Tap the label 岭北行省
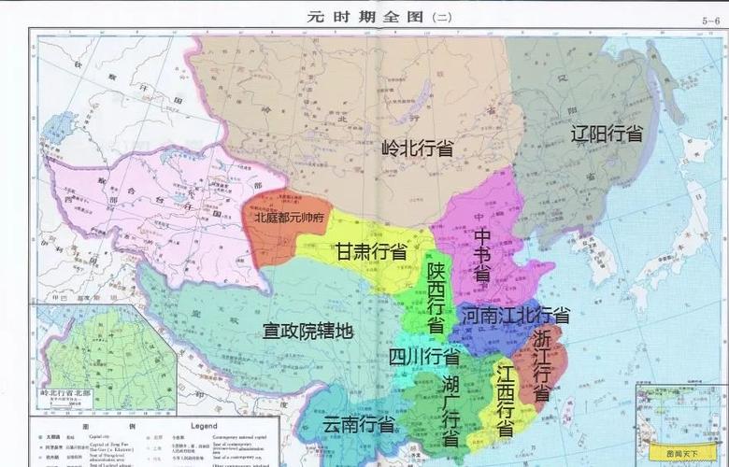418,148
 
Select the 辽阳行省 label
607,134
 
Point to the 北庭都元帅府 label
288,217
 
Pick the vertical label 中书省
482,254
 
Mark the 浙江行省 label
542,365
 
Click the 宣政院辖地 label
307,330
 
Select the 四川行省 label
423,357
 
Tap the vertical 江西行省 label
506,403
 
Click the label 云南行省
358,423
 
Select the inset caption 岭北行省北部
66,393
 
